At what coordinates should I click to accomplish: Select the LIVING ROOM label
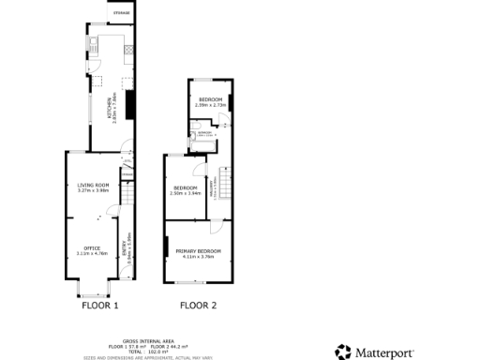point(94,186)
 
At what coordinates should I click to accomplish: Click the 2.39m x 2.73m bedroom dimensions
point(209,105)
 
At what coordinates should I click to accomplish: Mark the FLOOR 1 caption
point(100,306)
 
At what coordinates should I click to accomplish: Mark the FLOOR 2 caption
point(198,306)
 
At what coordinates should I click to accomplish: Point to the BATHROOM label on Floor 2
point(202,133)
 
